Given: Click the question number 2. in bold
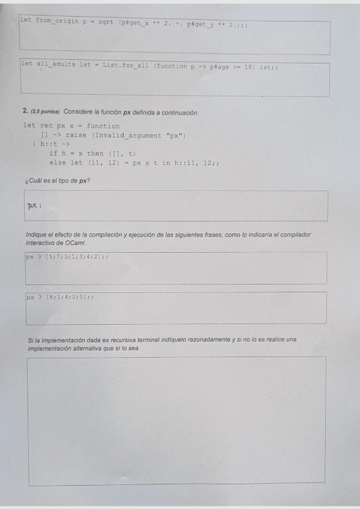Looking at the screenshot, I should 25,112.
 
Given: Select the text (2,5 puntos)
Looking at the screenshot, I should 44,112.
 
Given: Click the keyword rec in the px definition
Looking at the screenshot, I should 46,126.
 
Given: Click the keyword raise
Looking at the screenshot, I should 76,135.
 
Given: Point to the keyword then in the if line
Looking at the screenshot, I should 95,154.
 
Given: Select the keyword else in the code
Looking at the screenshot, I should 58,163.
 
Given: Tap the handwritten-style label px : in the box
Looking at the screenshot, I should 34,206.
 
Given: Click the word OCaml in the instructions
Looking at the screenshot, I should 76,242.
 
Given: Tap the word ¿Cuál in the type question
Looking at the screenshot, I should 34,181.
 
